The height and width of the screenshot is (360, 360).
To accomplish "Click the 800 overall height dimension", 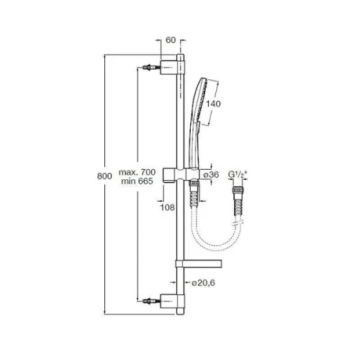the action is pos(104,176).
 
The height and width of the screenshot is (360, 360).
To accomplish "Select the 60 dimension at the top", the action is pos(171,40).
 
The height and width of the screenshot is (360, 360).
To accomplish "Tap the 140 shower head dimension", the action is pos(213,104).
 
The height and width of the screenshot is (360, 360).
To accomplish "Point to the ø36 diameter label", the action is pos(211,174).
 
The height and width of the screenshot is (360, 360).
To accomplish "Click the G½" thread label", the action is pos(238,174).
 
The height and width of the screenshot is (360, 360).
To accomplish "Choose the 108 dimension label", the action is pos(167,207).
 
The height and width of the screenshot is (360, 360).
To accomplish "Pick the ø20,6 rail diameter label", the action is pos(203,283).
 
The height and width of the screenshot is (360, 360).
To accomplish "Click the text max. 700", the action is pos(138,172).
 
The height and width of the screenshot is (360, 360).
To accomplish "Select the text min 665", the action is pos(137,181).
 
